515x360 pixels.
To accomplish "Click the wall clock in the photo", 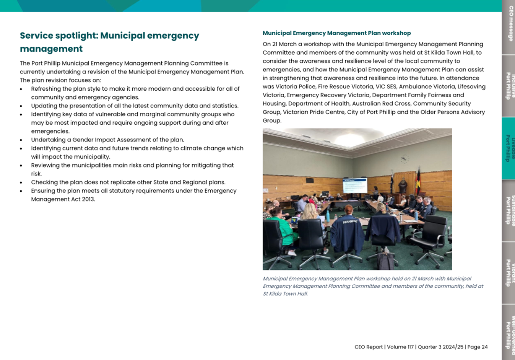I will coord(405,159).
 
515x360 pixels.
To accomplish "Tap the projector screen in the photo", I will coord(354,186).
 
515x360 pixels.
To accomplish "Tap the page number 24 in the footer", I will coord(484,347).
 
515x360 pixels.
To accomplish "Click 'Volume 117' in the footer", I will coord(400,347).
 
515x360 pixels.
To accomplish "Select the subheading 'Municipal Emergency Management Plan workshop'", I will coord(336,33).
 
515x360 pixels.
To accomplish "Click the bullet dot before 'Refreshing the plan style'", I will coord(21,89).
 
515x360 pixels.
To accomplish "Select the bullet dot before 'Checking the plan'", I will coord(21,183).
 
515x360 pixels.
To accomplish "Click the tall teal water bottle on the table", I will coord(328,217).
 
